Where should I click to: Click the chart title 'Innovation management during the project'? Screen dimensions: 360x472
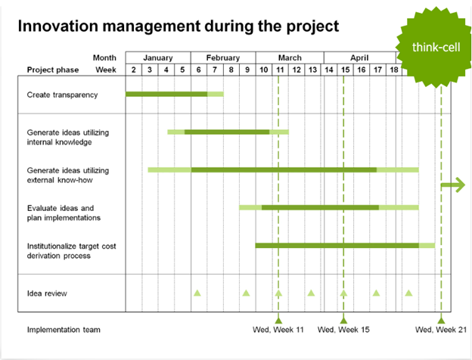click(178, 26)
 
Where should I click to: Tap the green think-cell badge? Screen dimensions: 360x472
click(433, 47)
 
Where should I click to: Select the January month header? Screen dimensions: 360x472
click(157, 57)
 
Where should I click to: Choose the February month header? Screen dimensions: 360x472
click(222, 57)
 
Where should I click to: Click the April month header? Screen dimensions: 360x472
click(359, 57)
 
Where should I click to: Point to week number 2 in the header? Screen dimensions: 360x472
click(134, 70)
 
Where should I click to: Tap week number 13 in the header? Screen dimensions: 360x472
click(312, 70)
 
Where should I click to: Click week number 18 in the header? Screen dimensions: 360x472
click(394, 70)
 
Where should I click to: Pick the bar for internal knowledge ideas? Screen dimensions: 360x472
click(227, 132)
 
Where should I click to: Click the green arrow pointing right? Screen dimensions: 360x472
click(454, 185)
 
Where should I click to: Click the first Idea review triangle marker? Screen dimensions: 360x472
click(197, 292)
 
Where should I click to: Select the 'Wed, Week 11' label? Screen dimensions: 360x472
click(278, 330)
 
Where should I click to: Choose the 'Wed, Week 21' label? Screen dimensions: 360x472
click(442, 330)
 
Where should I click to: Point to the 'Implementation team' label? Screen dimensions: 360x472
click(64, 330)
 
